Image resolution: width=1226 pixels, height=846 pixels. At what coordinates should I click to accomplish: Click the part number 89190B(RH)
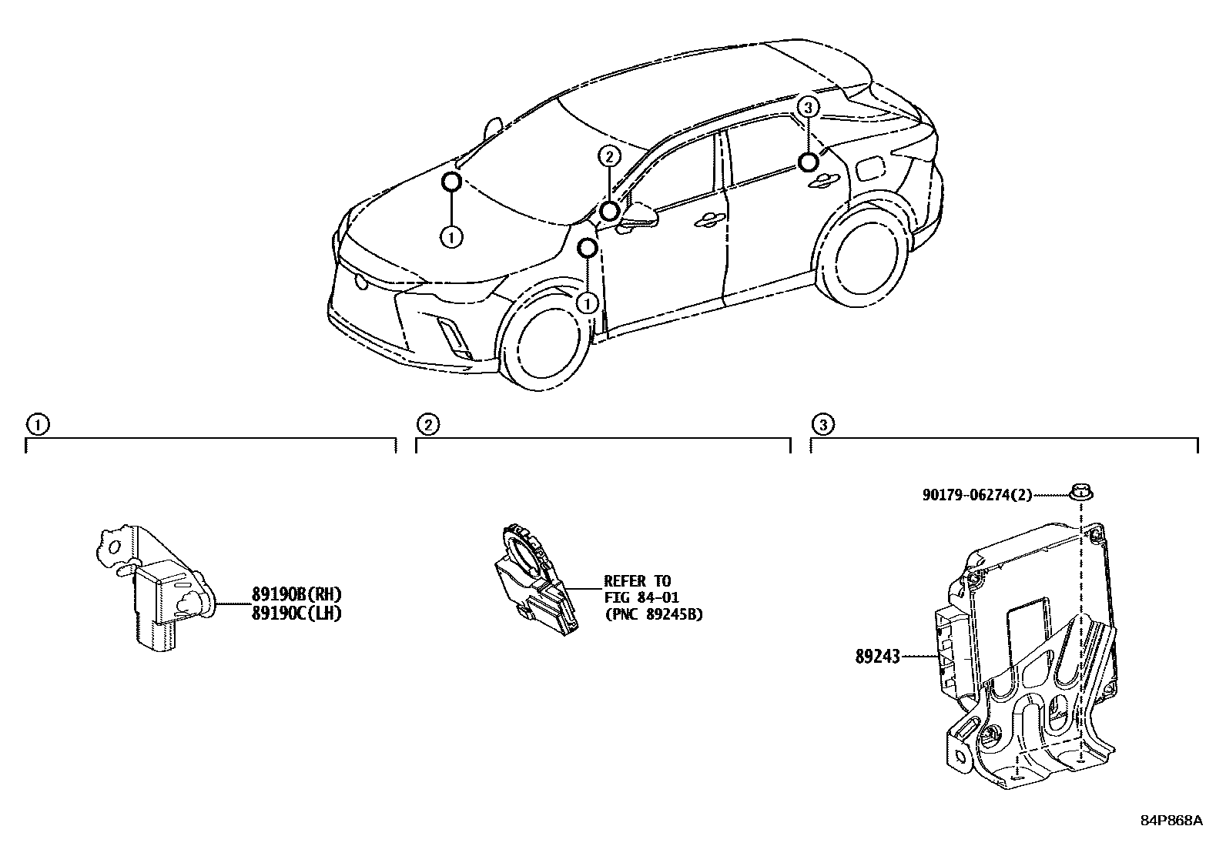[296, 594]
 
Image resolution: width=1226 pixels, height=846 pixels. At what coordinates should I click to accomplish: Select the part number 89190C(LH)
[296, 613]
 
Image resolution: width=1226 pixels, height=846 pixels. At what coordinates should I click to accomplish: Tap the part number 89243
[877, 657]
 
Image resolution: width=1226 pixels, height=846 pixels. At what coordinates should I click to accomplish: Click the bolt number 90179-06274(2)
[977, 496]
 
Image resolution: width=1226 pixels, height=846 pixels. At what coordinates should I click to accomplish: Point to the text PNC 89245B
[653, 614]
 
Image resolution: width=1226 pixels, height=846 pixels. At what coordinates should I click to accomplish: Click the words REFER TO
[638, 581]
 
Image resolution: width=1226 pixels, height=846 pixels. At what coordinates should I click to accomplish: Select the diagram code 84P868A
[1171, 821]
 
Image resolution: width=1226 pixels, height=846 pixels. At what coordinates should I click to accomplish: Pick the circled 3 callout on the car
[807, 108]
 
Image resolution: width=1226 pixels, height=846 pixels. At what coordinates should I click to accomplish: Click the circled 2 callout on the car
[608, 157]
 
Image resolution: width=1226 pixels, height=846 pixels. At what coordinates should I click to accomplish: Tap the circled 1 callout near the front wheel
[588, 303]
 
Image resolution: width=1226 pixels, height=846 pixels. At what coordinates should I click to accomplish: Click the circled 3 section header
[822, 424]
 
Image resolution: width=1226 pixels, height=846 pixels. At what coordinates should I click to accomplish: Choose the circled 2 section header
[428, 424]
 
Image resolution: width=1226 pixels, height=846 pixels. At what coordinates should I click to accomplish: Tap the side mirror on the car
[639, 216]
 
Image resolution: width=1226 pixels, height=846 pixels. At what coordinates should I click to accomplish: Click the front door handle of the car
[708, 221]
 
